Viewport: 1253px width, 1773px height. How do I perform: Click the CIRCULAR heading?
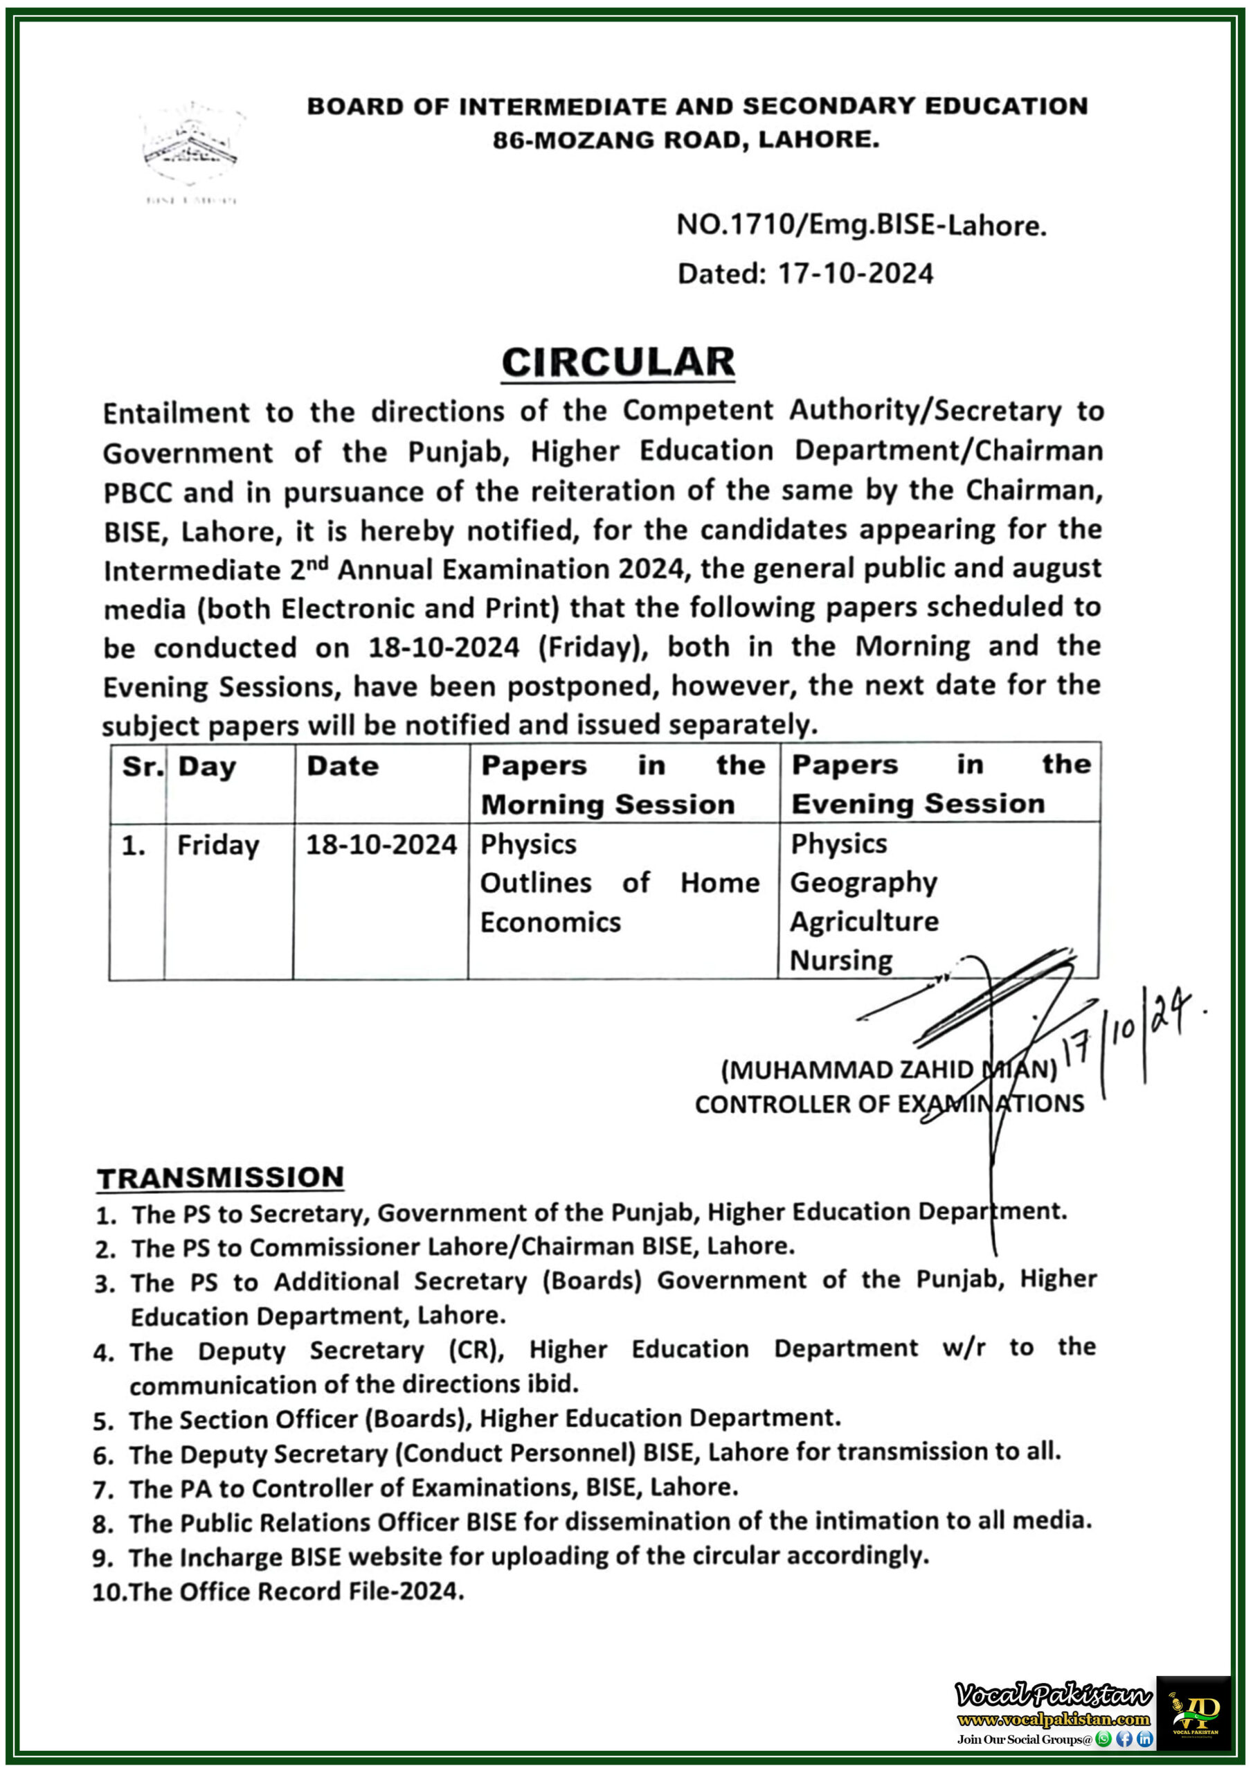(618, 362)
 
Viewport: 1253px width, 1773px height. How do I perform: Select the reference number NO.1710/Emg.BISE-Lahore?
(860, 226)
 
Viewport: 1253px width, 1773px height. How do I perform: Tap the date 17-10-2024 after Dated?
(856, 274)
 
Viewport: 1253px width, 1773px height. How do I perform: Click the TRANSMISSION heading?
(220, 1177)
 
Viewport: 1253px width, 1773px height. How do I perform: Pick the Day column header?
(207, 767)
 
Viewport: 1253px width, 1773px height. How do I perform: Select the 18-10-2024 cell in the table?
(381, 845)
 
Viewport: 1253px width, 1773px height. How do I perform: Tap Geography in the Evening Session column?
(863, 882)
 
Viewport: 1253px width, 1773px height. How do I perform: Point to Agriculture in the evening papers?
(864, 922)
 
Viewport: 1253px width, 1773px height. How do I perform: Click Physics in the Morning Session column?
(528, 845)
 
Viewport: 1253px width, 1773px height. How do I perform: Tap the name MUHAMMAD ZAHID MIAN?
(888, 1070)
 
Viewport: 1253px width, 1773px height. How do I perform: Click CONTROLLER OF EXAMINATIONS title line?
(889, 1104)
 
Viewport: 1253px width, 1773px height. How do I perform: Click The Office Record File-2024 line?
(296, 1592)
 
